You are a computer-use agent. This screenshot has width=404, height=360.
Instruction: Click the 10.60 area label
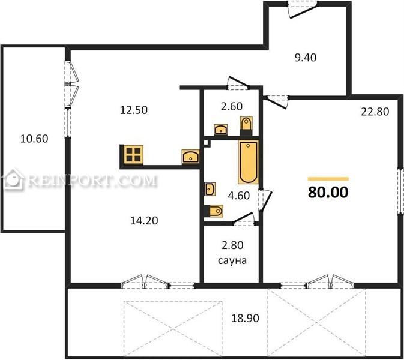click(34, 139)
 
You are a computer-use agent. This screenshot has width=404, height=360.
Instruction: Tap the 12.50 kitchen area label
click(134, 110)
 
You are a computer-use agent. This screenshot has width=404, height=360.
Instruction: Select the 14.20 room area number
click(144, 221)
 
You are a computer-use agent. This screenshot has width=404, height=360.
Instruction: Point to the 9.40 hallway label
click(306, 58)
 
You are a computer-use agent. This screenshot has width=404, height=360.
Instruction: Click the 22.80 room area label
click(375, 112)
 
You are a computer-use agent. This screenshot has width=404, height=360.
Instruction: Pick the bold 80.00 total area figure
click(328, 192)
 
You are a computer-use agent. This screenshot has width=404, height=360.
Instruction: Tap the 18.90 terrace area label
click(245, 318)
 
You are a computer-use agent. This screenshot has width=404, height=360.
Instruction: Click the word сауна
click(232, 260)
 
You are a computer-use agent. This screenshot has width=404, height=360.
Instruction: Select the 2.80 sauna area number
click(232, 245)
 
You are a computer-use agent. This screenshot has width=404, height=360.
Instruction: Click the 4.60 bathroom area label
click(239, 196)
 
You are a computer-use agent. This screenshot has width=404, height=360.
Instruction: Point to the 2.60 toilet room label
click(231, 106)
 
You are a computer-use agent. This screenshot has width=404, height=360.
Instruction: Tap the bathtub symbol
click(248, 162)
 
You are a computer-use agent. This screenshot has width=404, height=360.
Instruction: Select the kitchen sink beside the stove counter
click(191, 157)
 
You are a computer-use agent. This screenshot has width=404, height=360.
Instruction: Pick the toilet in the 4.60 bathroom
click(214, 211)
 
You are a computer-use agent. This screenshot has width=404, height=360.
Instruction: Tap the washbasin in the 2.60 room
click(221, 129)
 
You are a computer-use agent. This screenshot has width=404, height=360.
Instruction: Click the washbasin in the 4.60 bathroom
click(210, 189)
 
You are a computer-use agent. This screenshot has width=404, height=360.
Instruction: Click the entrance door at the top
click(302, 10)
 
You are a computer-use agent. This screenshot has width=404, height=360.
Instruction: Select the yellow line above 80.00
click(328, 179)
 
